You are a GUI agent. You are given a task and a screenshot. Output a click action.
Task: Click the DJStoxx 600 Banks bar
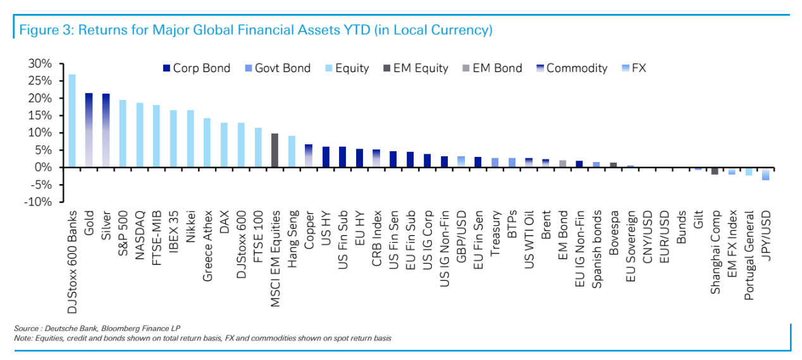point(72,121)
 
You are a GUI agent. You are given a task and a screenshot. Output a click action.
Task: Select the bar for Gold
point(89,130)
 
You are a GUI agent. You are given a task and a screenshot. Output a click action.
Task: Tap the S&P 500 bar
point(123,133)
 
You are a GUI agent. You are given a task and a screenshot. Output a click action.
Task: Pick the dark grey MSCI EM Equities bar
point(275,151)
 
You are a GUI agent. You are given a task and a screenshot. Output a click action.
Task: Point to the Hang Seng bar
point(292,152)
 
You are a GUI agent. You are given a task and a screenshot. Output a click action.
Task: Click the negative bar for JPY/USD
point(765,174)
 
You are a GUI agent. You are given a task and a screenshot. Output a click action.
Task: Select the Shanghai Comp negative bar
point(715,171)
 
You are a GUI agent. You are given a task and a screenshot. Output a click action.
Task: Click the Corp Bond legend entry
point(196,68)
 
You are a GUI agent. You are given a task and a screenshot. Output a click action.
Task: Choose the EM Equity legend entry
point(415,68)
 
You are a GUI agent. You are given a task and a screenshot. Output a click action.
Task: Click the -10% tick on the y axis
point(38,202)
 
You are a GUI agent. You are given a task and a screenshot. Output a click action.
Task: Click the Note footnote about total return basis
point(202,338)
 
